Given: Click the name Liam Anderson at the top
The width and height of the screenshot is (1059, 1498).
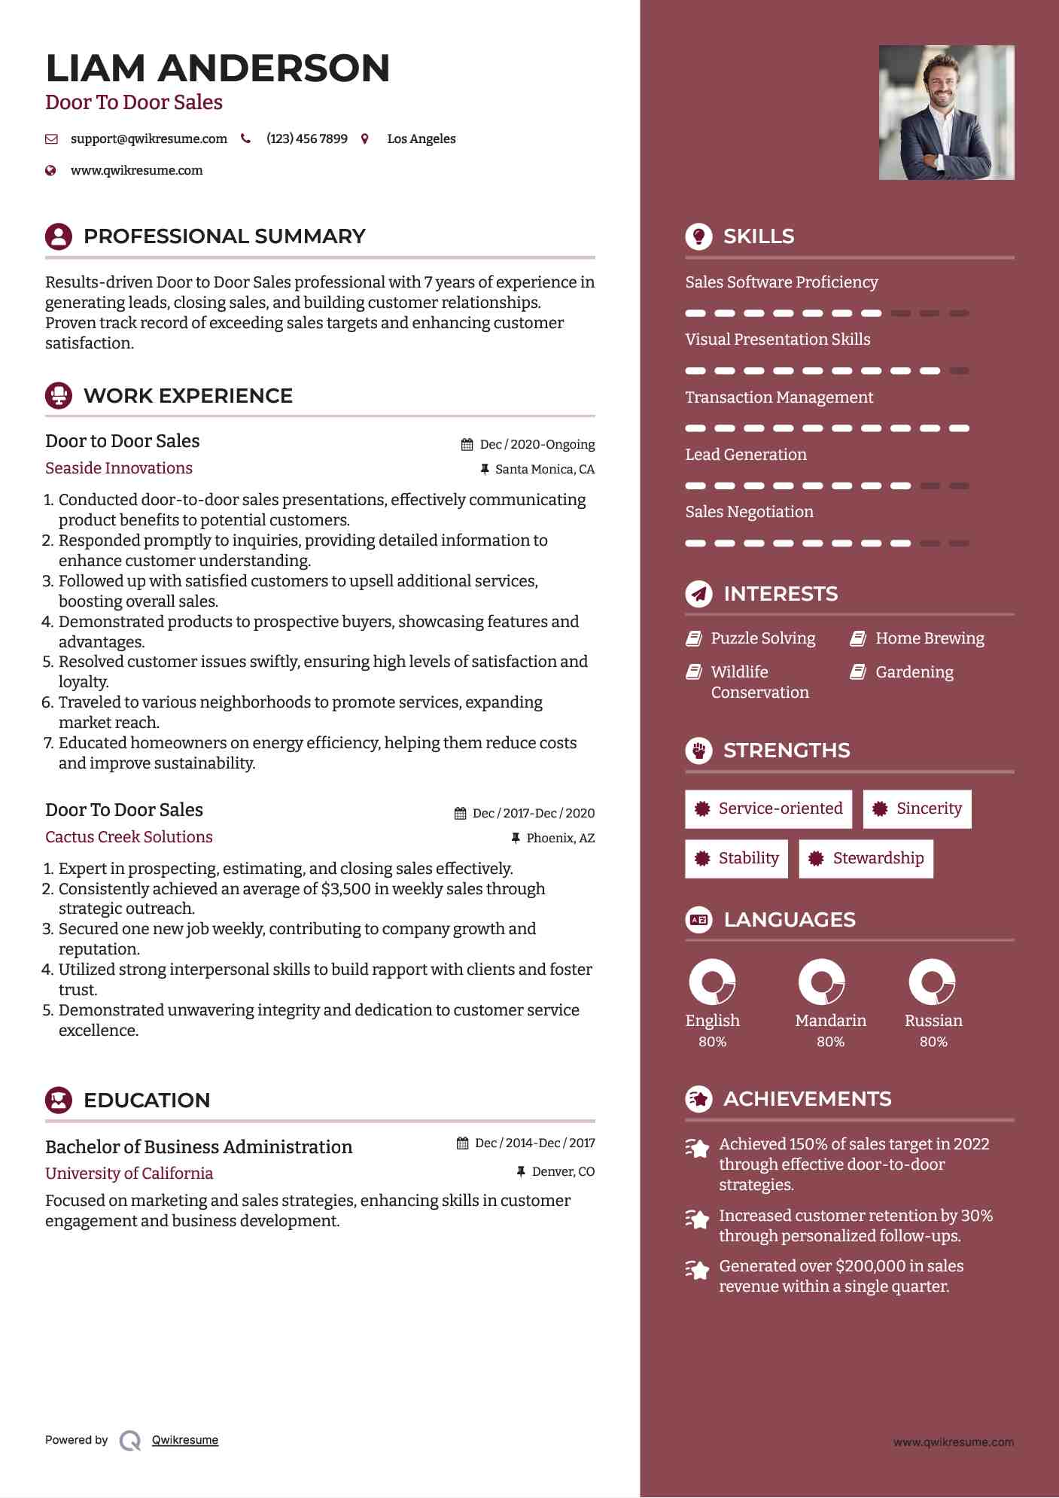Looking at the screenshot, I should point(218,69).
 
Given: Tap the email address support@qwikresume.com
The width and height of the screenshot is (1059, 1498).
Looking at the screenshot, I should point(148,139).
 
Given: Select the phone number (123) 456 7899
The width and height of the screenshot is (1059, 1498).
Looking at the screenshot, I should point(306,139).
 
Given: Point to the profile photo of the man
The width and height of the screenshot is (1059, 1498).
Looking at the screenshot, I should point(946,112).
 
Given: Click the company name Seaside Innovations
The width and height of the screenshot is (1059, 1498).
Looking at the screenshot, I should point(119,468).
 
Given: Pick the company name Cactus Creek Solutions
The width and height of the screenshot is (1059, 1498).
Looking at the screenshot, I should point(129,837).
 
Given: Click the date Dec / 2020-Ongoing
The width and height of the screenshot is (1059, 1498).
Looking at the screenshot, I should point(537,444).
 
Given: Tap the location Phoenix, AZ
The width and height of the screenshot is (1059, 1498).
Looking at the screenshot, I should point(560,838).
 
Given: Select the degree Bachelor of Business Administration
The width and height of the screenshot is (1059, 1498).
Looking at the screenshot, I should point(199,1146).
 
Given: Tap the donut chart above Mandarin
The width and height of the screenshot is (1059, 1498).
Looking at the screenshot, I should point(821,982).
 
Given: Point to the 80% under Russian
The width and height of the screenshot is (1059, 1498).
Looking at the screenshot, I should point(933,1042).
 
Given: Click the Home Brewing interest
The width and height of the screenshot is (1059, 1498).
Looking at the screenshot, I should point(930,638).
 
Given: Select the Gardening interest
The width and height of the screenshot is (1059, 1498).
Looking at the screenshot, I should point(914,672).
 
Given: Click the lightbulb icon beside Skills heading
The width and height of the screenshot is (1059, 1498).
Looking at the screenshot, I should point(698,236).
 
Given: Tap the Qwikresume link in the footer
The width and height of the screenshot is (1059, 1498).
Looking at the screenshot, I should point(185,1440).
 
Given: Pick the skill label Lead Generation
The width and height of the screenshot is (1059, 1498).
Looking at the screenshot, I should point(746,455).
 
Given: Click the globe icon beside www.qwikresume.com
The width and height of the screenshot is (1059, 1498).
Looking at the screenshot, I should point(51,170).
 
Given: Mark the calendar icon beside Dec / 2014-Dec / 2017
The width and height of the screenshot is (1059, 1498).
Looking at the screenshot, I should point(462,1143).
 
